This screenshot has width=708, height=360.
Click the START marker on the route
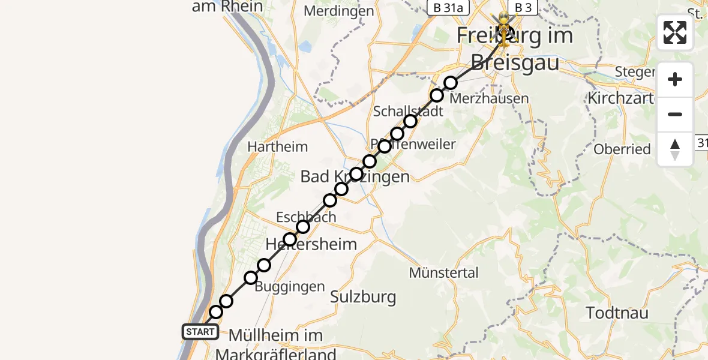pos(200,331)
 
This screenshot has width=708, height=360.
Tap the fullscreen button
pos(675,32)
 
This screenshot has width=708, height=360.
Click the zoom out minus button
pos(675,114)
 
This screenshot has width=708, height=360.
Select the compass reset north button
pos(675,149)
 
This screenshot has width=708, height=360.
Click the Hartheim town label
pos(277,146)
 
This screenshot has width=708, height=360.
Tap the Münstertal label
pos(444,273)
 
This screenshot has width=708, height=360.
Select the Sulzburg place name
pos(363,296)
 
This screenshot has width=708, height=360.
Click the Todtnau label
pos(616,313)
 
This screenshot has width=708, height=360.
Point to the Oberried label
pos(622,149)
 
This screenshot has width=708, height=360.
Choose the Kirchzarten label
pos(619,97)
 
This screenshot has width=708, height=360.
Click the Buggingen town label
pos(290,287)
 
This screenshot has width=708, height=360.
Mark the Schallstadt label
pos(408,111)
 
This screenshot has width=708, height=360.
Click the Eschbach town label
pos(306,217)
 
